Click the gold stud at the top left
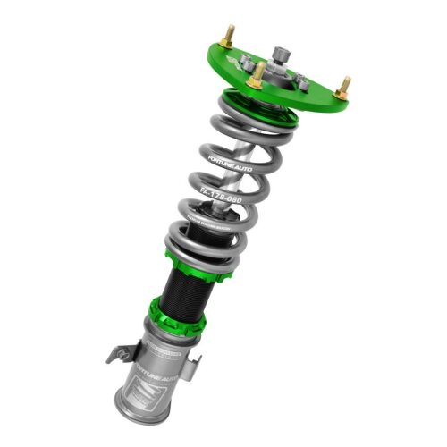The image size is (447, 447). click(x=229, y=35)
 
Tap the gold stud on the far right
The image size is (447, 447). click(x=344, y=87)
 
